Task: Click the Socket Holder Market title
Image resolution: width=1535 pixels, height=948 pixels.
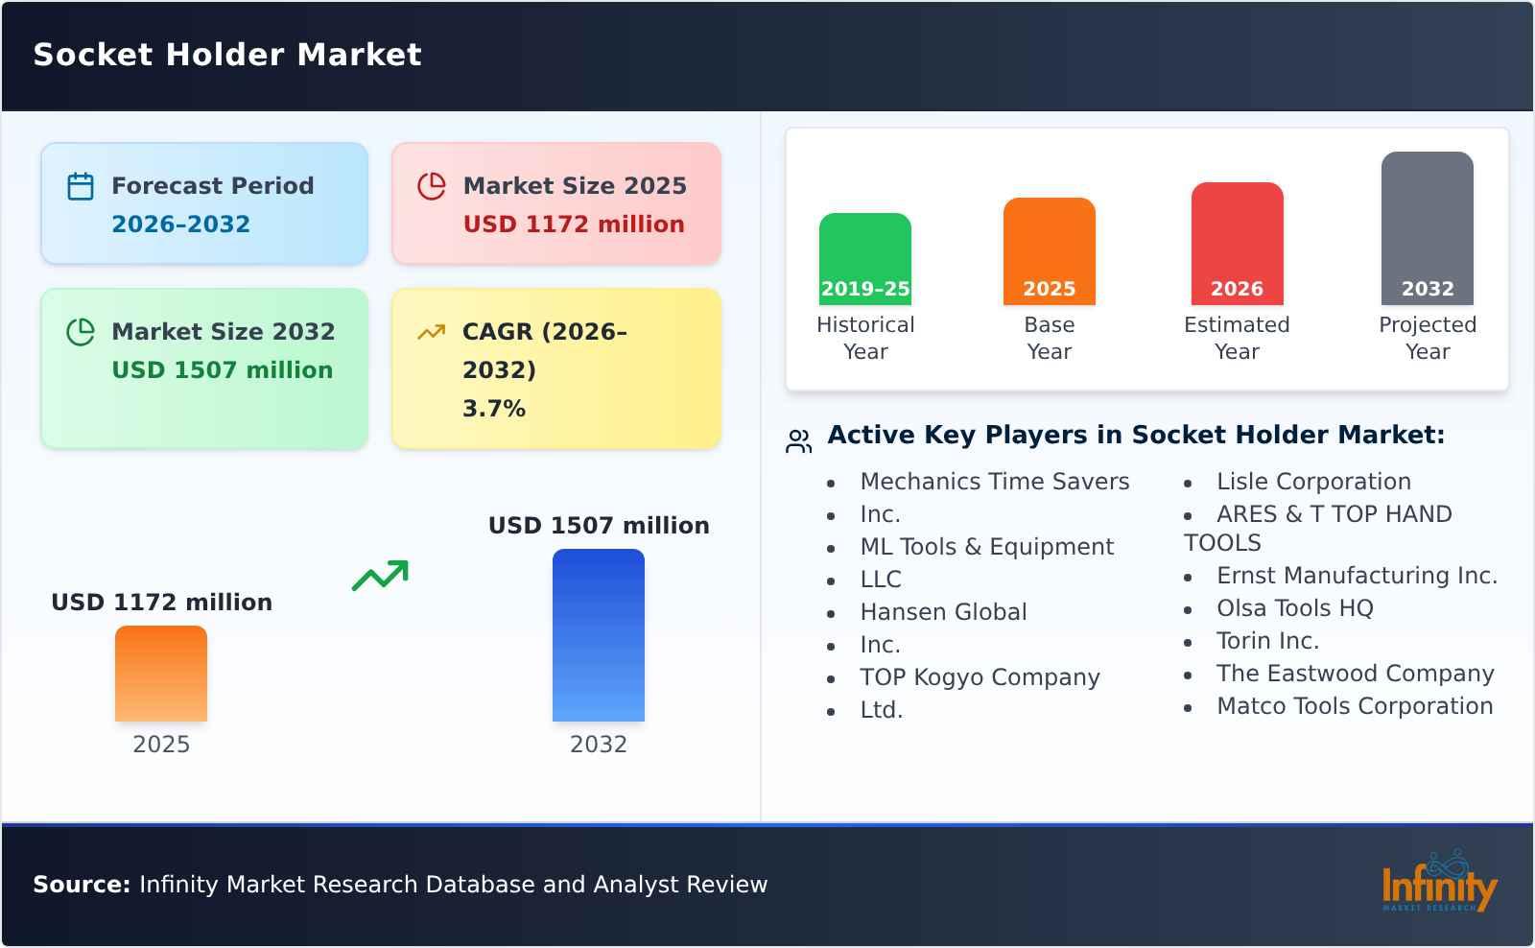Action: [x=226, y=54]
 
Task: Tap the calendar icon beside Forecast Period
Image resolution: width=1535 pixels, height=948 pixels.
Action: [x=81, y=186]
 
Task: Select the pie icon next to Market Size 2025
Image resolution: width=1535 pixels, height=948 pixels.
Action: [x=432, y=186]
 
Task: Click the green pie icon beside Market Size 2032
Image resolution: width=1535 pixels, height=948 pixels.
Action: [x=81, y=332]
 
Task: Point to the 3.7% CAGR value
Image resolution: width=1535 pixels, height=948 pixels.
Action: [x=494, y=409]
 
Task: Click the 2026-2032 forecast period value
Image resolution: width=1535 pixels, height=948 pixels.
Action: [x=181, y=225]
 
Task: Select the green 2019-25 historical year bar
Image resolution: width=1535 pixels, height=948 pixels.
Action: [x=864, y=259]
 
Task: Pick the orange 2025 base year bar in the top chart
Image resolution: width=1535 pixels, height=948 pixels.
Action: [x=1050, y=251]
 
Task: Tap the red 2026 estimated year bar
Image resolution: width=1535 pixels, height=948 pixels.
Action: [x=1237, y=244]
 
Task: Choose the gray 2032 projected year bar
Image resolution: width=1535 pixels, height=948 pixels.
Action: [x=1427, y=228]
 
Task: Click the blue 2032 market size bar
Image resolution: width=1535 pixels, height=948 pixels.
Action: [x=599, y=635]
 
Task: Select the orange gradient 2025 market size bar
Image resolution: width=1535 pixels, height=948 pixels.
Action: [x=161, y=674]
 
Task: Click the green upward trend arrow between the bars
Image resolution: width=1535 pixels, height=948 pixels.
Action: [x=380, y=575]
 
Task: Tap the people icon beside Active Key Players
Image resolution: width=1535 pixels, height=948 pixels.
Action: [x=799, y=440]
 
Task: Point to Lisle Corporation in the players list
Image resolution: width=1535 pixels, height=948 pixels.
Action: [x=1313, y=482]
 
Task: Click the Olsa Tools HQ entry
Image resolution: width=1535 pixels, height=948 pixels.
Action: [x=1295, y=608]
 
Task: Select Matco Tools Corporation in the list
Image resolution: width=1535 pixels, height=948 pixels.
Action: [x=1355, y=706]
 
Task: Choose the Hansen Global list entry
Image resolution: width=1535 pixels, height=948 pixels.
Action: [x=944, y=611]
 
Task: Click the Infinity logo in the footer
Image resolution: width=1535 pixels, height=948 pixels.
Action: [x=1439, y=882]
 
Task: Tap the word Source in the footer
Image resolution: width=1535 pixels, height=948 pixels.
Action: [x=82, y=885]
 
